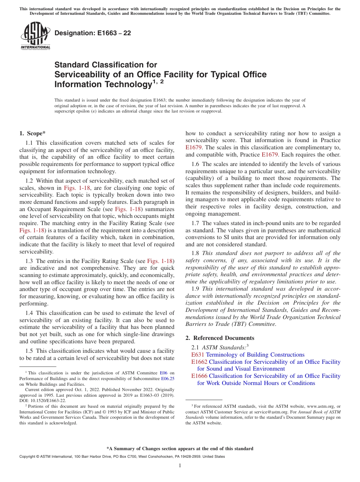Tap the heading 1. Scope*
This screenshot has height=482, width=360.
32,133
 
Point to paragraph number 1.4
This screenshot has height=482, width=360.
30,313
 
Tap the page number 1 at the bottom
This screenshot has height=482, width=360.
180,465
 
